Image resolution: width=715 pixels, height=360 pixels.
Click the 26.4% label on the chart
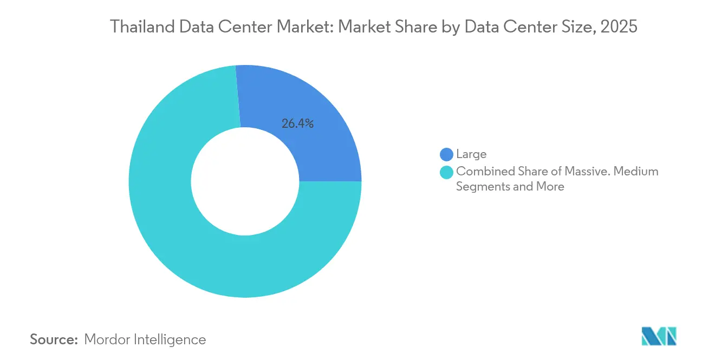coord(297,123)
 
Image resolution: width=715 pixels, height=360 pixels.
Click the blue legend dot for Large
coord(447,155)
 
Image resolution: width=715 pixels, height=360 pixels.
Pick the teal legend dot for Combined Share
coord(447,172)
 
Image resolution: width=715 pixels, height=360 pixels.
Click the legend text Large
coord(471,155)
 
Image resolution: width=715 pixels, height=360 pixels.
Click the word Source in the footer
coord(54,339)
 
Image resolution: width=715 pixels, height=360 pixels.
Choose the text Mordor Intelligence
coord(145,339)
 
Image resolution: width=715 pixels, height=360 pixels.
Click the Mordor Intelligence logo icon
coord(659,337)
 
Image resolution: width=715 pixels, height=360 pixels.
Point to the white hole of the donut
coord(245,182)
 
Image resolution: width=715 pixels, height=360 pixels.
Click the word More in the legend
coord(550,187)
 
